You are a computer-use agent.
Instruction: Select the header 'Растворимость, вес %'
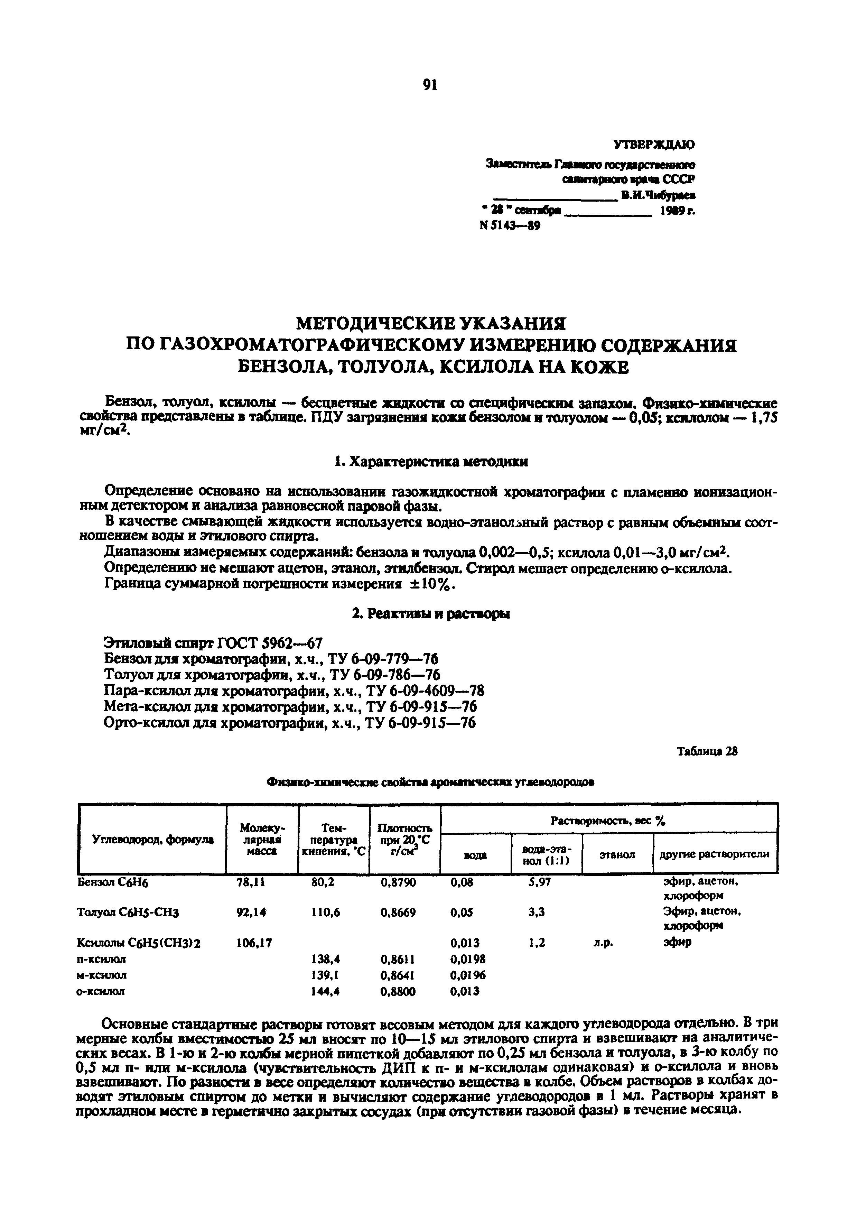point(608,821)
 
